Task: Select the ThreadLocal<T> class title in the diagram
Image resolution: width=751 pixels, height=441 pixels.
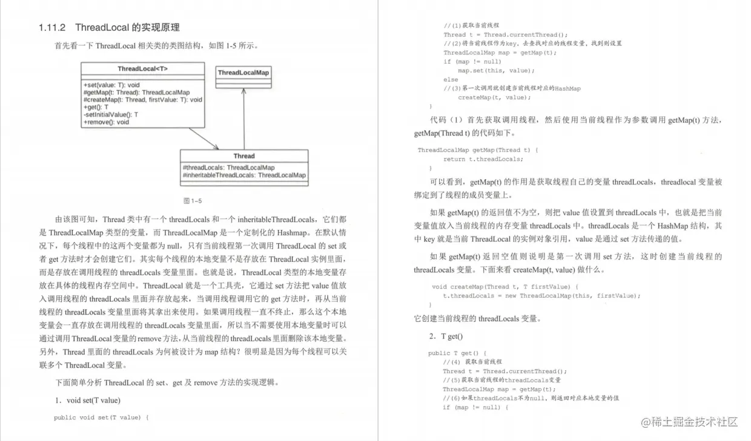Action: pos(143,69)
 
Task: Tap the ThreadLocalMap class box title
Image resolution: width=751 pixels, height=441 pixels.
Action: pos(243,73)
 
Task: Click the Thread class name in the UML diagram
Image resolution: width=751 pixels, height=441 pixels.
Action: pos(244,156)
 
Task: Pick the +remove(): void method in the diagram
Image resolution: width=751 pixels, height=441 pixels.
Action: pos(106,122)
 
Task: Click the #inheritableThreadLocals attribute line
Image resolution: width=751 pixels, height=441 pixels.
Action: pos(244,175)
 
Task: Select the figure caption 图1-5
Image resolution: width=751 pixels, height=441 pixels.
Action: pos(193,200)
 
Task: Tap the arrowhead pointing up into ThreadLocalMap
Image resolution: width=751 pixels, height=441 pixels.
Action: pos(243,91)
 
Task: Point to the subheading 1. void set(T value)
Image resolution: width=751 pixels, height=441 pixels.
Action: pos(88,400)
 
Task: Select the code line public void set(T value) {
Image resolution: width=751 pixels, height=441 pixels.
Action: pos(101,417)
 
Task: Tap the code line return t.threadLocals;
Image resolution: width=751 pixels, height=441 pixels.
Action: pos(483,159)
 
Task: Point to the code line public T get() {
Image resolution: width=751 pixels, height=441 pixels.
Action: pos(457,353)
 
